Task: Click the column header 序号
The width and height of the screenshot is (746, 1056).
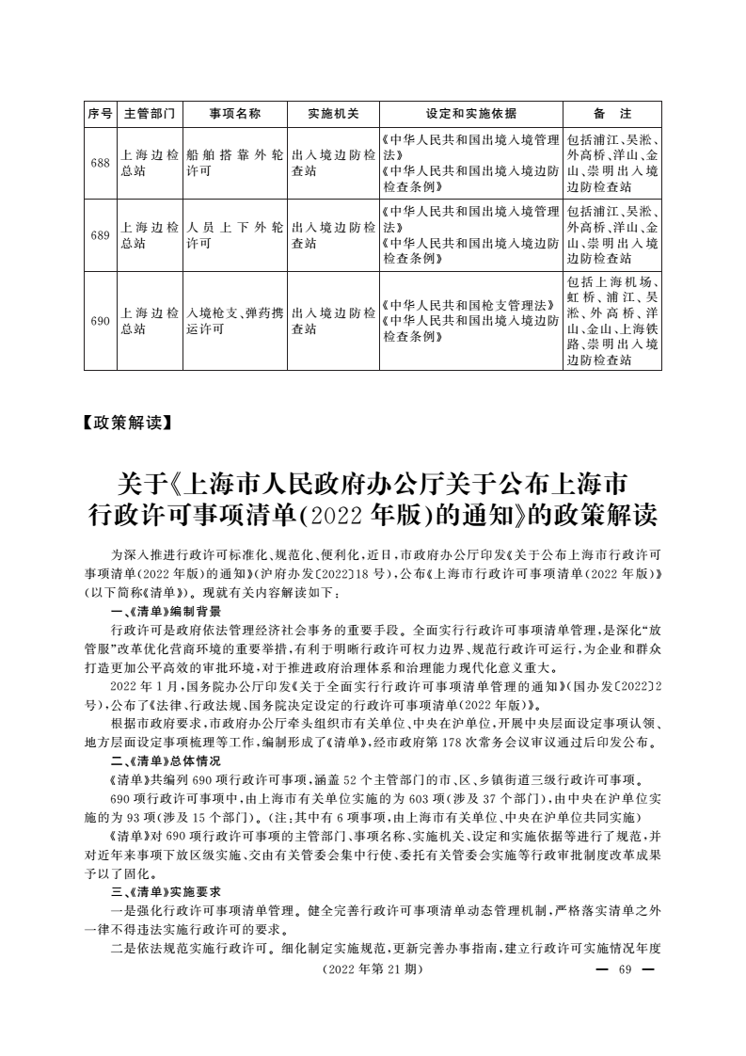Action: pyautogui.click(x=100, y=114)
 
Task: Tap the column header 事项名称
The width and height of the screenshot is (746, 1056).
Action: pyautogui.click(x=235, y=114)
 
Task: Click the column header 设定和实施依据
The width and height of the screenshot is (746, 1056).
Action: pyautogui.click(x=471, y=114)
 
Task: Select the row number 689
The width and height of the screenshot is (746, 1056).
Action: pyautogui.click(x=100, y=235)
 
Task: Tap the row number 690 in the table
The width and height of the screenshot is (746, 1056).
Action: pyautogui.click(x=100, y=321)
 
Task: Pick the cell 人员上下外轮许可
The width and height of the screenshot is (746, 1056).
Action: pyautogui.click(x=235, y=235)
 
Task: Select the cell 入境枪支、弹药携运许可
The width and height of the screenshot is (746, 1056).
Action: pyautogui.click(x=235, y=321)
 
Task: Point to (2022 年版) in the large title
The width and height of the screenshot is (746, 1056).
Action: pyautogui.click(x=353, y=516)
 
